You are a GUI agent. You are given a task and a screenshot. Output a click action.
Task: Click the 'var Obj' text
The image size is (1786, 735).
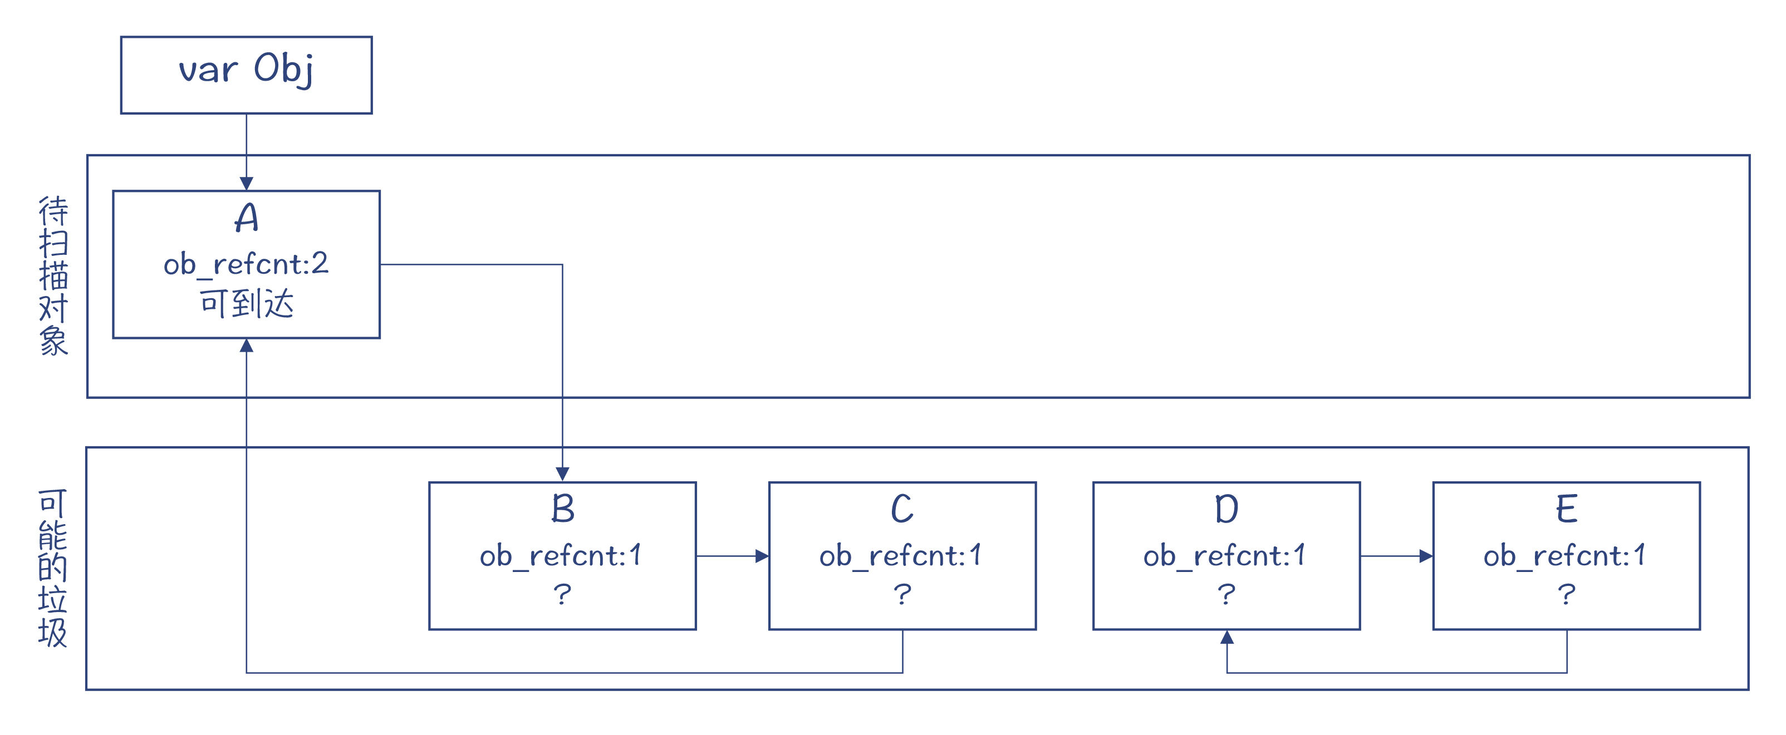click(246, 70)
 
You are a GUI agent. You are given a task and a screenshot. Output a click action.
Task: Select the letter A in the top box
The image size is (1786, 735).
click(246, 218)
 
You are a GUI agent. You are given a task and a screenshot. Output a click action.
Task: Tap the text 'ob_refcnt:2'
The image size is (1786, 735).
click(246, 264)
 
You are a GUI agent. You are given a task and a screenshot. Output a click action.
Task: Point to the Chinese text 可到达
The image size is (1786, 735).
click(246, 303)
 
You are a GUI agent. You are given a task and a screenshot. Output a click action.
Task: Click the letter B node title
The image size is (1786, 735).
click(562, 509)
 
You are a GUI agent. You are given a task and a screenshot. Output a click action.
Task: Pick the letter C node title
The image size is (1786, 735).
click(902, 509)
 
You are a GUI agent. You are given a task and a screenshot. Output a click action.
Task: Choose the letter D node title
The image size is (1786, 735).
click(1226, 509)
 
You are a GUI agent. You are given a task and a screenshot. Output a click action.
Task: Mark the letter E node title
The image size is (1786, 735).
click(1566, 509)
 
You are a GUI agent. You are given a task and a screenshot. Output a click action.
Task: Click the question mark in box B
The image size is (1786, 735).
click(562, 594)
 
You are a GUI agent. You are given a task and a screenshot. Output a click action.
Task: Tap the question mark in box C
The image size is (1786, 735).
click(902, 594)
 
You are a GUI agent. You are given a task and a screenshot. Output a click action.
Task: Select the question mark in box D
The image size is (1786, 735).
click(1226, 594)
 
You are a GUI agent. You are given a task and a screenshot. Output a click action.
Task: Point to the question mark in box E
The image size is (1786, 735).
click(1566, 594)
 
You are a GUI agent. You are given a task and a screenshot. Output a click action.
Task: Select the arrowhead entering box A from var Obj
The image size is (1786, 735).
click(246, 184)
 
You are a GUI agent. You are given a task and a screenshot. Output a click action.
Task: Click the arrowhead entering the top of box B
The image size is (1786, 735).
click(562, 475)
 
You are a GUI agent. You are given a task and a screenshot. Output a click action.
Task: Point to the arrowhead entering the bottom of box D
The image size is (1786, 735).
click(1226, 637)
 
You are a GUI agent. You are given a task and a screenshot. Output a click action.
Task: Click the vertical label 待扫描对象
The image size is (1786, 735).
click(53, 276)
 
